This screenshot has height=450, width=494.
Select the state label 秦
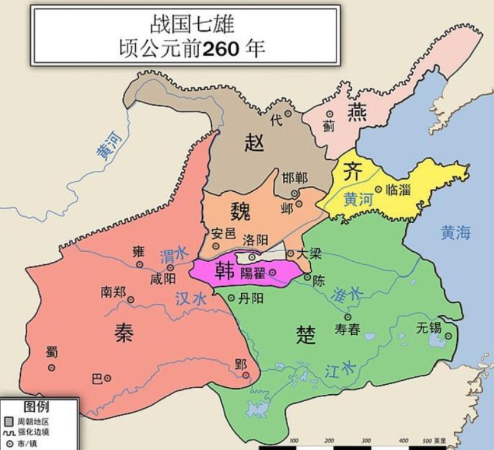[x=124, y=332]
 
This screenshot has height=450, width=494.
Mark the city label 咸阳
[x=163, y=279]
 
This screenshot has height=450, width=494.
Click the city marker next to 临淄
[x=378, y=189]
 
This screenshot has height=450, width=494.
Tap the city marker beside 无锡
[x=448, y=336]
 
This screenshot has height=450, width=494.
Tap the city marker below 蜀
[x=52, y=368]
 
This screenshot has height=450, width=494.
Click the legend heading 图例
[x=36, y=407]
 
